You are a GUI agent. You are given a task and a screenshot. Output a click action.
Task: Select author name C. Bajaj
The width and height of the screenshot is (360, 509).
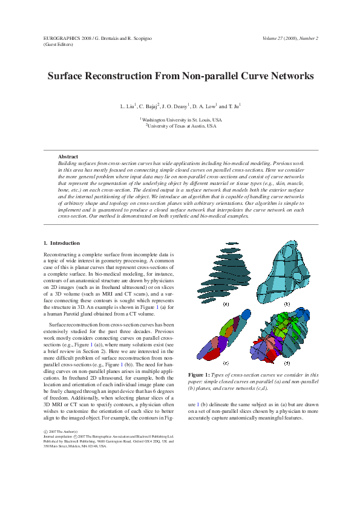[x=149, y=106]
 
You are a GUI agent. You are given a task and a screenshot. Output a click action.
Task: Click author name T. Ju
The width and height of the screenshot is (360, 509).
[x=233, y=106]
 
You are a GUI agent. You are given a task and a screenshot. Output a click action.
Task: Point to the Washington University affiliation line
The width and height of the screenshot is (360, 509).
[x=182, y=120]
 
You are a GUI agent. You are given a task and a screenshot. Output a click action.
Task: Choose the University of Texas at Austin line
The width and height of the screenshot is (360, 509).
[x=182, y=126]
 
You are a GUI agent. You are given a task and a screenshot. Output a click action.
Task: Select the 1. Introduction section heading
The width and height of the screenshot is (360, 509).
[x=62, y=243]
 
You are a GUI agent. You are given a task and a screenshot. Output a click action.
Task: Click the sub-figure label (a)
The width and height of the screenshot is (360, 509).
[x=226, y=304]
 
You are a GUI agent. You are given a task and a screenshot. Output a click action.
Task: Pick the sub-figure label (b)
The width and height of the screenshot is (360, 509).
[x=287, y=304]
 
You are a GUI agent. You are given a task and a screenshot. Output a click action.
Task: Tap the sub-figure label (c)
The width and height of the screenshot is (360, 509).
[x=226, y=363]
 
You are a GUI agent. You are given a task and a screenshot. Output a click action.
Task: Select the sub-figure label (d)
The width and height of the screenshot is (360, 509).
[x=286, y=363]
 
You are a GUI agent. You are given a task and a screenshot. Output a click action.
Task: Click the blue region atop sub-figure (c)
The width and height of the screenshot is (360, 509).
[x=246, y=314]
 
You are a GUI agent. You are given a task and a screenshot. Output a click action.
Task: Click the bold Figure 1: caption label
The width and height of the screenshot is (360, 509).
[x=199, y=375]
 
